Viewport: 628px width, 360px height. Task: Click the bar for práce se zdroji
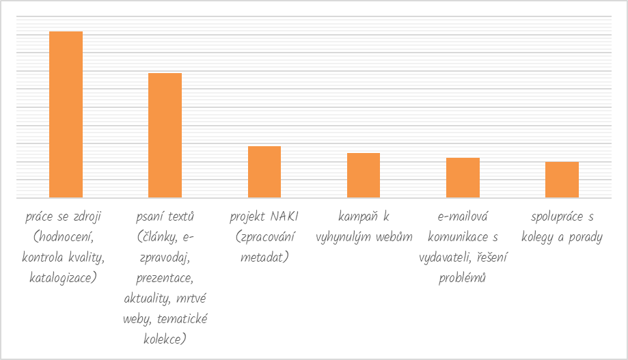[x=66, y=114]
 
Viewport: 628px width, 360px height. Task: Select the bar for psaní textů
[x=165, y=135]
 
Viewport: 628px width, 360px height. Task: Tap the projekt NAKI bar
[x=264, y=171]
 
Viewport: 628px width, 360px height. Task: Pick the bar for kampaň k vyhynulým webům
[x=364, y=175]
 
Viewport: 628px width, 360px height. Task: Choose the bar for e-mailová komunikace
[x=463, y=178]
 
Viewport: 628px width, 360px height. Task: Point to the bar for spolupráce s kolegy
[x=562, y=180]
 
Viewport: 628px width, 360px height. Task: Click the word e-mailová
[x=463, y=217]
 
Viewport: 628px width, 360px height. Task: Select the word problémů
[x=463, y=278]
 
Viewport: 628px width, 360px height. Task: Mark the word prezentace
[x=165, y=278]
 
